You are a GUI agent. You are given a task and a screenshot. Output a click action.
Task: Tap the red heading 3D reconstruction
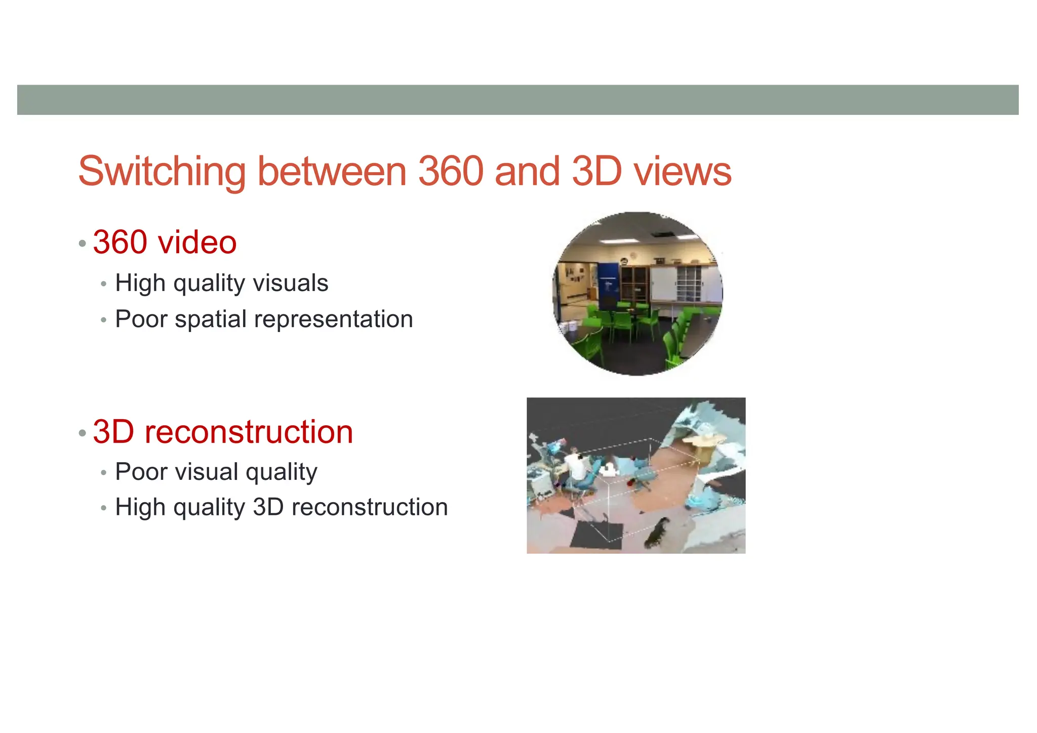pyautogui.click(x=223, y=432)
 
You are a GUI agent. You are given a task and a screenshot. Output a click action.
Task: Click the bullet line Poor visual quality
pyautogui.click(x=216, y=472)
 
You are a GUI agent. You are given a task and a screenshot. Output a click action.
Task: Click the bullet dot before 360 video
pyautogui.click(x=83, y=243)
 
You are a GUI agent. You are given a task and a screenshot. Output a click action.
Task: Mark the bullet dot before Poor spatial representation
pyautogui.click(x=104, y=320)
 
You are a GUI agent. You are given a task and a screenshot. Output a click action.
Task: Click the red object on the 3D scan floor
pyautogui.click(x=630, y=483)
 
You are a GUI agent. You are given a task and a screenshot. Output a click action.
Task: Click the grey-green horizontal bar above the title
pyautogui.click(x=517, y=100)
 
